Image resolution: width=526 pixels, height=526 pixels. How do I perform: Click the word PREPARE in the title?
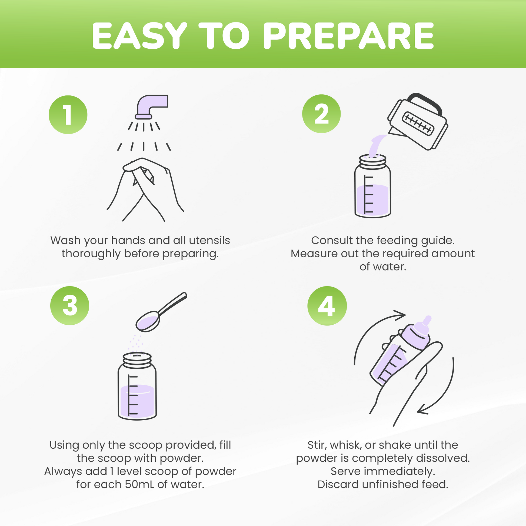click(x=348, y=36)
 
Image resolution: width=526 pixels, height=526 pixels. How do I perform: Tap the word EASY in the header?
click(x=139, y=36)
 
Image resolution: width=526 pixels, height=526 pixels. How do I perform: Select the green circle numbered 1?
click(x=68, y=115)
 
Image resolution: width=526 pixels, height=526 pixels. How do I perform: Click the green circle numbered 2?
click(x=321, y=114)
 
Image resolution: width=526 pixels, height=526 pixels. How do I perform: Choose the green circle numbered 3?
click(x=70, y=305)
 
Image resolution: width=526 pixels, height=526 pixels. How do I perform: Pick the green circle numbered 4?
click(x=327, y=306)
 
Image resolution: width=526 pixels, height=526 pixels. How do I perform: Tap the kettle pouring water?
click(x=418, y=122)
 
